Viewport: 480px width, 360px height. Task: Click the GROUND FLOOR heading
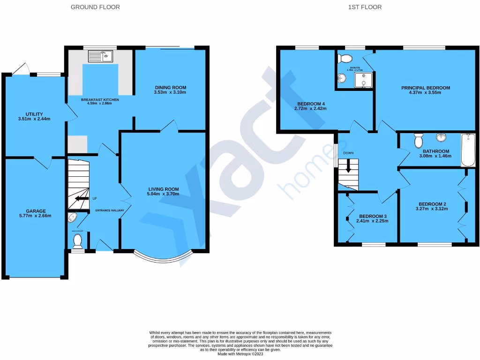point(95,7)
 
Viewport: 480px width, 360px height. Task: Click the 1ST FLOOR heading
point(365,7)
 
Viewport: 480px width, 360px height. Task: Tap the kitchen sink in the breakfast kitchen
point(101,57)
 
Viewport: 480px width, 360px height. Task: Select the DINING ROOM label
point(170,88)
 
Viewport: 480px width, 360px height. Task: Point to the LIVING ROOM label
point(163,189)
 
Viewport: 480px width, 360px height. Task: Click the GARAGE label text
point(36,211)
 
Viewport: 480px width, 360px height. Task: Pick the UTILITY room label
point(34,114)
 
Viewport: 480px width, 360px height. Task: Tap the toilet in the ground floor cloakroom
point(78,240)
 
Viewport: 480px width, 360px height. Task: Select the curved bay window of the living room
point(162,258)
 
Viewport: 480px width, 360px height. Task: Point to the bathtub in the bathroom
point(467,150)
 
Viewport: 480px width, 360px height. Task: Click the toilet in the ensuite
point(345,58)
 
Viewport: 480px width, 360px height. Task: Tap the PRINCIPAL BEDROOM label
point(425,88)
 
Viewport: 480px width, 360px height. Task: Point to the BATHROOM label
point(436,151)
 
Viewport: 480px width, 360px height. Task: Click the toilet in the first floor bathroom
point(418,140)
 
